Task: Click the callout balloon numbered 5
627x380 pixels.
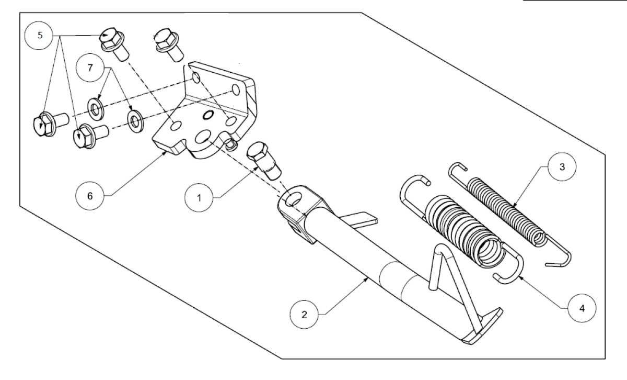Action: tap(39, 36)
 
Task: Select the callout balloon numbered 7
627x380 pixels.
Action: tap(90, 68)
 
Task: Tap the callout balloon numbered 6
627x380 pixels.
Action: tap(90, 196)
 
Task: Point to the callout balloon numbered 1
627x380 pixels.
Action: tap(199, 198)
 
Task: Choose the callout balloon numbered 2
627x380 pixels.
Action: tap(304, 315)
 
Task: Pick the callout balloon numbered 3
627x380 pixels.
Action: tap(562, 167)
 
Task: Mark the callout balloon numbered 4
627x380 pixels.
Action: tap(582, 308)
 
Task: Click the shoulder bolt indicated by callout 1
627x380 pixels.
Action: tap(263, 160)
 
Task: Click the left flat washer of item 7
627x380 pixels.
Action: tap(96, 109)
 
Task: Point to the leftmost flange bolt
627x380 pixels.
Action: tap(51, 124)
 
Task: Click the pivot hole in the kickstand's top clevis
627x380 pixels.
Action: tap(293, 199)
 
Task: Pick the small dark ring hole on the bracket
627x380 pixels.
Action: tap(208, 115)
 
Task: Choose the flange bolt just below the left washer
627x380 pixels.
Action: tap(91, 136)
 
